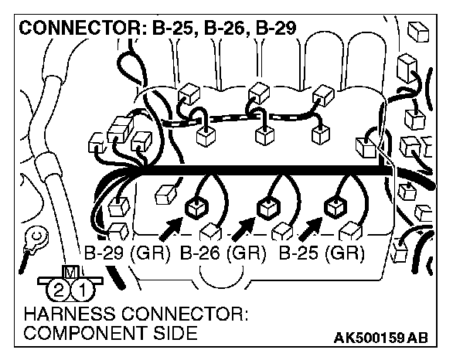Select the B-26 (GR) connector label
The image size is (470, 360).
[223, 253]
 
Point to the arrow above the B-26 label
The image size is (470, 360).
[244, 228]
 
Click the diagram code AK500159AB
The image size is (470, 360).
[380, 338]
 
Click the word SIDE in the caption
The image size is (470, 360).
[172, 334]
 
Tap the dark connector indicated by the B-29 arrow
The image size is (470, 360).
[196, 206]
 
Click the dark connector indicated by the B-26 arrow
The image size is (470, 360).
[267, 208]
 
